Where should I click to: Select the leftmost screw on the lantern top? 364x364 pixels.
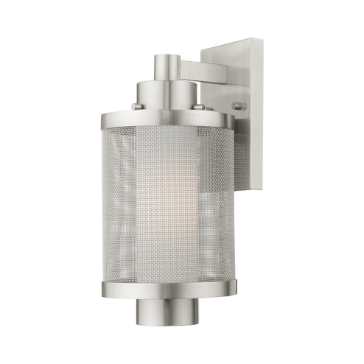pos(136,108)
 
